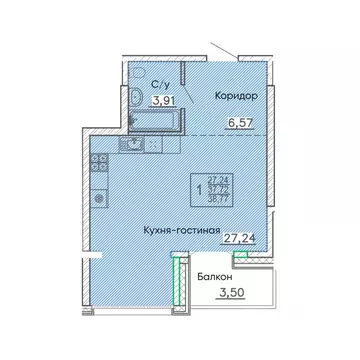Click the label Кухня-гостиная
(x=183, y=228)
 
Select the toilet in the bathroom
(x=136, y=96)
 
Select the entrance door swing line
(x=229, y=50)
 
